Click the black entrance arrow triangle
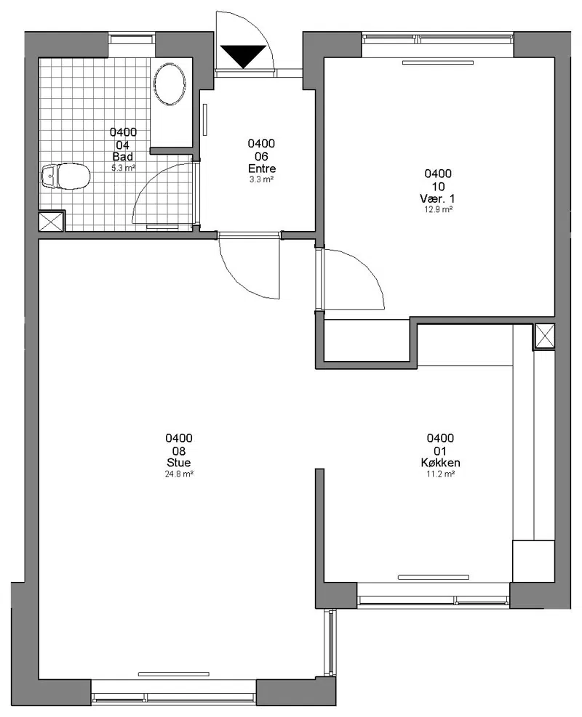tap(243, 56)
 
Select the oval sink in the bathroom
tap(170, 84)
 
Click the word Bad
tap(123, 157)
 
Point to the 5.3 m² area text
tap(123, 168)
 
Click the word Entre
tap(261, 169)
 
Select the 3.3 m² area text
tap(261, 179)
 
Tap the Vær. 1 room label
tap(437, 198)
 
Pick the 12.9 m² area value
tap(438, 209)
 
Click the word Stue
tap(178, 463)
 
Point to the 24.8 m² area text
tap(179, 474)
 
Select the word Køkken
tap(441, 463)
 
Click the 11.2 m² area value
tap(441, 474)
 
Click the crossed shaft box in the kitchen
tap(544, 336)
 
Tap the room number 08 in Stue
tap(178, 451)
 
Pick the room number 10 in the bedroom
tap(438, 187)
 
